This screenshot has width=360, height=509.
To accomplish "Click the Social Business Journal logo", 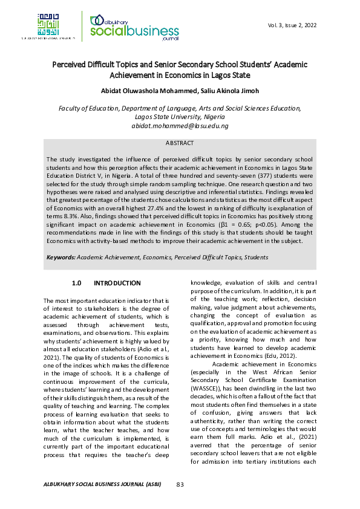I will (129, 27).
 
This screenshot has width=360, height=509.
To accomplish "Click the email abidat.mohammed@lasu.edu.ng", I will (180, 126).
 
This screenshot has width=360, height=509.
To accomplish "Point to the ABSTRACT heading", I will (180, 143).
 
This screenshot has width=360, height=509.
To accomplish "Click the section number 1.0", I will (76, 283).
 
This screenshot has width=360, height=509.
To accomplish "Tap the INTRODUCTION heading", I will (117, 283).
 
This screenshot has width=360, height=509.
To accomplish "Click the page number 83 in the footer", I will (180, 484).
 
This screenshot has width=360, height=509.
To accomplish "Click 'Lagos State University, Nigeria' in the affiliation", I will (180, 117).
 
